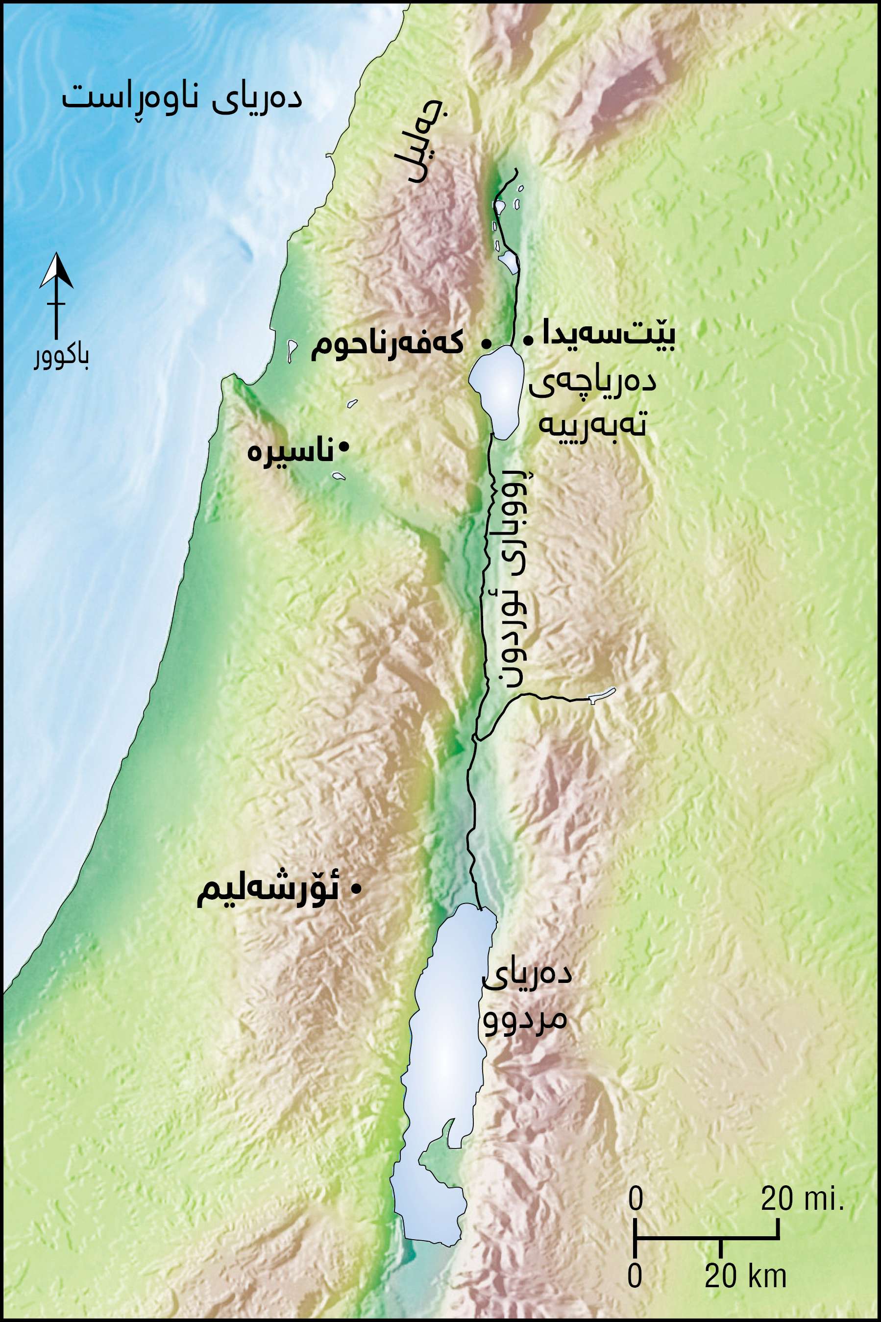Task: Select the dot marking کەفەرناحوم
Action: (486, 342)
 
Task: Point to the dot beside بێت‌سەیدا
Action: (528, 340)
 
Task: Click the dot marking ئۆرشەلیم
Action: (355, 889)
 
